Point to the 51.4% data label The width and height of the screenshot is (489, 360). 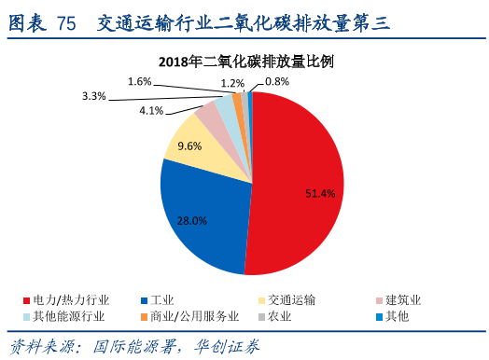point(320,193)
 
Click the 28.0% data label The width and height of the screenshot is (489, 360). point(191,220)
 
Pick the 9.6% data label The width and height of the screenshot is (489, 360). point(189,146)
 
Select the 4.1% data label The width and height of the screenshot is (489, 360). point(151,111)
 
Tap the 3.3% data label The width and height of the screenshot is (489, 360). point(93,96)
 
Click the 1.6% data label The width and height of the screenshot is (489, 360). point(139,82)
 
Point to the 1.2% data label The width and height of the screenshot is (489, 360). point(232,83)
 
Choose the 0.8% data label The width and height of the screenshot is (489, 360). point(277,82)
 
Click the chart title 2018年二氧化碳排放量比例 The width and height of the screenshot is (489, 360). point(246,62)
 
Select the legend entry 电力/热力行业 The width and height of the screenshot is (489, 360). point(69,300)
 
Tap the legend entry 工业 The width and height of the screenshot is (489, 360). point(162,300)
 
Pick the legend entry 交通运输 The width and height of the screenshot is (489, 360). point(290,300)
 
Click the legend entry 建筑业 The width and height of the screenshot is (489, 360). point(403,300)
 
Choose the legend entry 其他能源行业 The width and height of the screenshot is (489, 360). point(70,317)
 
